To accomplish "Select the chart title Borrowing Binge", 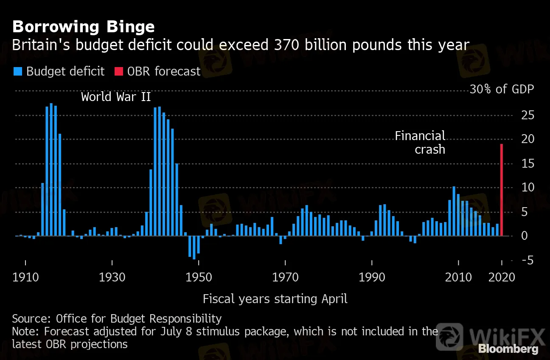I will (83, 27).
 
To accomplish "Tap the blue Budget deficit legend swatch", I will (18, 71).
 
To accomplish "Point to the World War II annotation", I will (116, 97).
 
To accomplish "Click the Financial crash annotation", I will (420, 142).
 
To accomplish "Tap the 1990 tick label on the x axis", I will (372, 277).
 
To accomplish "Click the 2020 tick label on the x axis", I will (502, 277).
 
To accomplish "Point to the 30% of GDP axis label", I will (502, 90).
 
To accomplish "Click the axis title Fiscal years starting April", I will (275, 299).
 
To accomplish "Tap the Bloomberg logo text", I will (508, 349).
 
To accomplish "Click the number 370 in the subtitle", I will (283, 45).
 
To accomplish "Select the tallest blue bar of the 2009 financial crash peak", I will (454, 211).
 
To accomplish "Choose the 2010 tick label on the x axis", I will (458, 277).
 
